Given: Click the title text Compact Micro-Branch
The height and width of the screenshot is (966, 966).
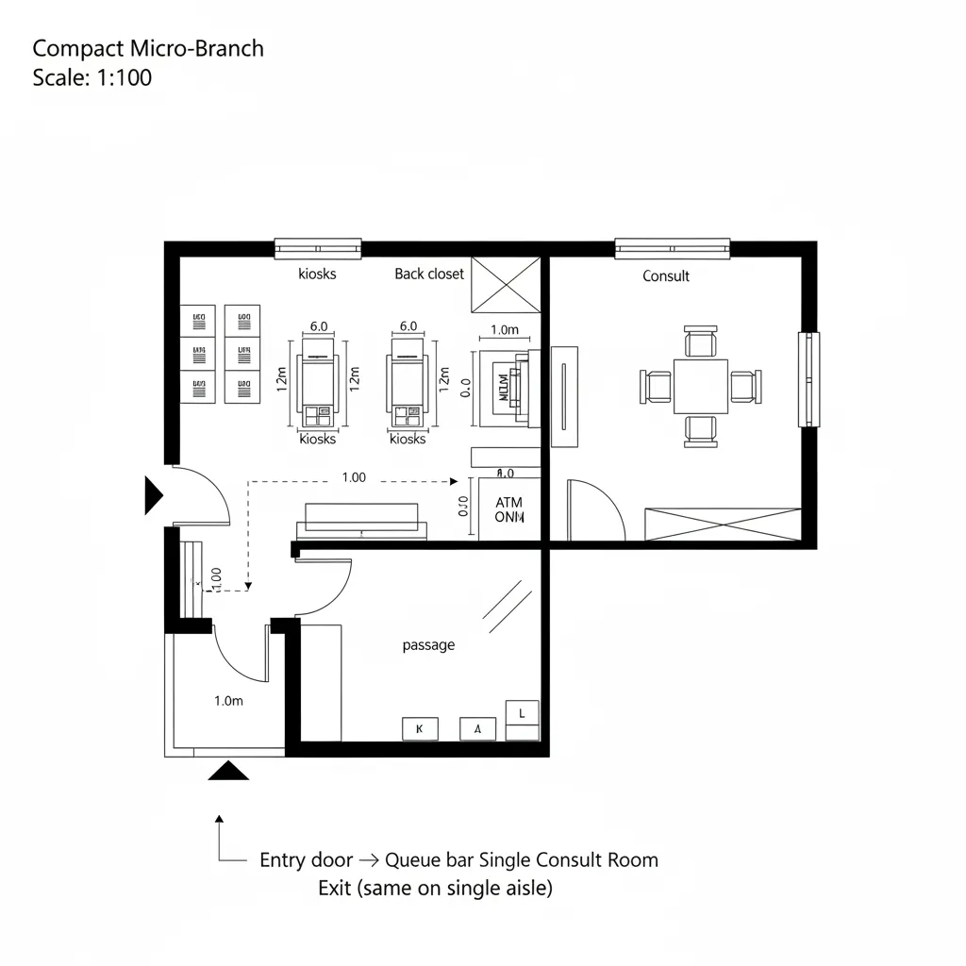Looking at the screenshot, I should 148,49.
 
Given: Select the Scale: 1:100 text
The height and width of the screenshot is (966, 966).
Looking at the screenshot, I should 92,77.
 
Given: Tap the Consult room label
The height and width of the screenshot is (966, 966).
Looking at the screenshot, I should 666,275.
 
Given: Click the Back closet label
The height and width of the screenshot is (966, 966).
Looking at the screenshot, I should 429,274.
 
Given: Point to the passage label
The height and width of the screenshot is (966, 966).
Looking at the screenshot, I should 428,645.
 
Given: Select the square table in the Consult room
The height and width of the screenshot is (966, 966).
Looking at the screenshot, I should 700,386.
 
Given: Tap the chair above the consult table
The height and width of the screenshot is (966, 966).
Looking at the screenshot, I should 700,341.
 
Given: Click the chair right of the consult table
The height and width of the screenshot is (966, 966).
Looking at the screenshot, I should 744,386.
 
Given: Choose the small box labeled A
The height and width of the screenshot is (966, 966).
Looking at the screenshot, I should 477,728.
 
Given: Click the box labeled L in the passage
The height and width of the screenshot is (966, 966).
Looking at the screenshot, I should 523,714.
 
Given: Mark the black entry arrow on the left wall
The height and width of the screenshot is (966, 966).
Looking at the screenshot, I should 153,495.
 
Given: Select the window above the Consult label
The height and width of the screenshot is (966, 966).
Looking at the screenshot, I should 672,248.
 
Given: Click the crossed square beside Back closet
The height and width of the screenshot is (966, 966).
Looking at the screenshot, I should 505,284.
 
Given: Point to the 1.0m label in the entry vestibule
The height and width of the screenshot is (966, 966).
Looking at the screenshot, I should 228,701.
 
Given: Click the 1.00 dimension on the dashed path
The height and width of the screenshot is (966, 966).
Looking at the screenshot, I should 353,477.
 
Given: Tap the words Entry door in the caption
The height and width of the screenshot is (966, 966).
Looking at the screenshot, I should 306,860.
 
